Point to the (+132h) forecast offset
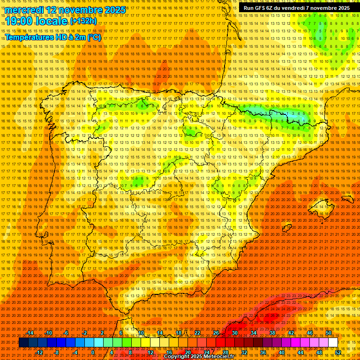(83, 21)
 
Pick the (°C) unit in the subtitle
(94, 37)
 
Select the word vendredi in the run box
(293, 8)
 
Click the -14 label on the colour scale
(30, 333)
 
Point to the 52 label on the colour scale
(338, 352)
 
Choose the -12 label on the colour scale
(39, 352)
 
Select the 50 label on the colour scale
(329, 333)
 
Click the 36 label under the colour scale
(262, 352)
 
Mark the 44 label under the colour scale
(300, 352)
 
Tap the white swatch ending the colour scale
(333, 343)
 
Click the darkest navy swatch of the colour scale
(23, 343)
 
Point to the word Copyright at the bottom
(177, 357)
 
